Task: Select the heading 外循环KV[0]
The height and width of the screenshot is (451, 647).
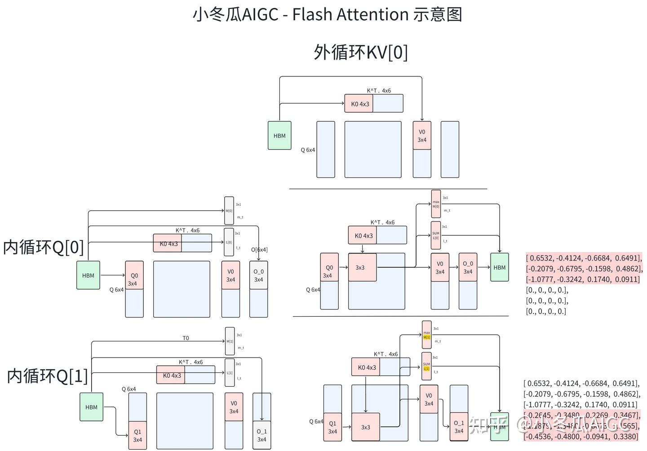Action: coord(360,52)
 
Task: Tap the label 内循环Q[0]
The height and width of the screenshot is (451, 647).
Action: coord(44,247)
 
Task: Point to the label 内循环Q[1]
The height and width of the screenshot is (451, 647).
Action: coord(47,376)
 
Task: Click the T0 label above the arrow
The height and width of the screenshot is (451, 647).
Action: coord(186,338)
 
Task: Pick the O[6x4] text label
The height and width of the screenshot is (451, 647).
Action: coord(259,250)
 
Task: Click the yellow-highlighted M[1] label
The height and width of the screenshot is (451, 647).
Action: coord(426,337)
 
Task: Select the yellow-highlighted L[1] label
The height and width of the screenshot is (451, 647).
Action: coord(426,368)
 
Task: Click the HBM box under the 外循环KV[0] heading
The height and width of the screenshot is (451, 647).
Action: coord(279,136)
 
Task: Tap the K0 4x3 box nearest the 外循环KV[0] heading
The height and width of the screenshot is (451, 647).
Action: coord(359,104)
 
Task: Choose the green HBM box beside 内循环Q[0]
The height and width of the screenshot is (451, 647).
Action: coord(88,275)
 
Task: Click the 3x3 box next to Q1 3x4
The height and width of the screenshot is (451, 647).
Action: coord(366,427)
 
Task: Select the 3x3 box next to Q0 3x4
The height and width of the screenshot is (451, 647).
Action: coord(362,267)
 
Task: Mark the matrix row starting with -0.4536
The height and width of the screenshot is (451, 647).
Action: coord(581,437)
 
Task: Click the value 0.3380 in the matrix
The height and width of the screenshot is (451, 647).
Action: coord(626,437)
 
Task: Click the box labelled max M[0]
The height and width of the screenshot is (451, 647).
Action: coord(436,204)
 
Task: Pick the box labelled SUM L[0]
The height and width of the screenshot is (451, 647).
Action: coord(436,235)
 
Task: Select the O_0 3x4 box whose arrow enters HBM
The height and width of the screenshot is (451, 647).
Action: coord(468,268)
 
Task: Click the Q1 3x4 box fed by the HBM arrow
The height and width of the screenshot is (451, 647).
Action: coord(137,436)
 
